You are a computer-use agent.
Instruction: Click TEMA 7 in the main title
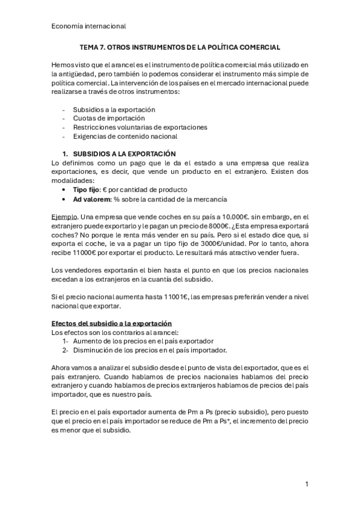pyautogui.click(x=96, y=46)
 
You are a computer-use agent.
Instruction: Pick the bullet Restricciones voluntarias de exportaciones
pyautogui.click(x=140, y=127)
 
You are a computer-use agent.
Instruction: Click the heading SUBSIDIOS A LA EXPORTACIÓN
pyautogui.click(x=124, y=154)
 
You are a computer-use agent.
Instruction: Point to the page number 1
pyautogui.click(x=306, y=484)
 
